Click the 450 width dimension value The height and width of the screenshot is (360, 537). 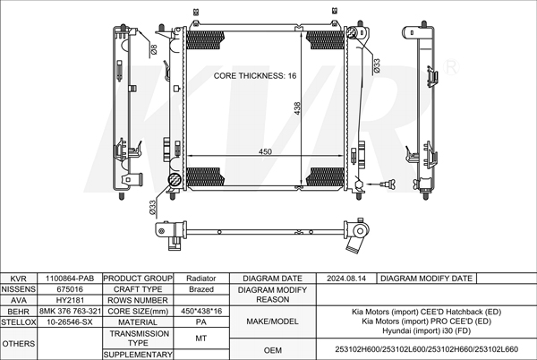tap(265, 151)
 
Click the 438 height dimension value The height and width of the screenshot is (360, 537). tap(297, 108)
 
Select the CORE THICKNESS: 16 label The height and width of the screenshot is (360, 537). tap(255, 76)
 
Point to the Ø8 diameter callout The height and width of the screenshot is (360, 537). tap(154, 49)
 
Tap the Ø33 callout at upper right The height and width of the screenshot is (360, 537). tap(377, 65)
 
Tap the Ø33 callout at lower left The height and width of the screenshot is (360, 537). tap(153, 208)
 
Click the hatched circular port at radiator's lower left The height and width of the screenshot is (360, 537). tap(175, 179)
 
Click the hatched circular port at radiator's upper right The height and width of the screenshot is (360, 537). tap(352, 32)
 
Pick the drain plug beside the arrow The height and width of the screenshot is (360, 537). tap(389, 184)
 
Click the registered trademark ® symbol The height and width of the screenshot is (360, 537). tap(451, 67)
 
